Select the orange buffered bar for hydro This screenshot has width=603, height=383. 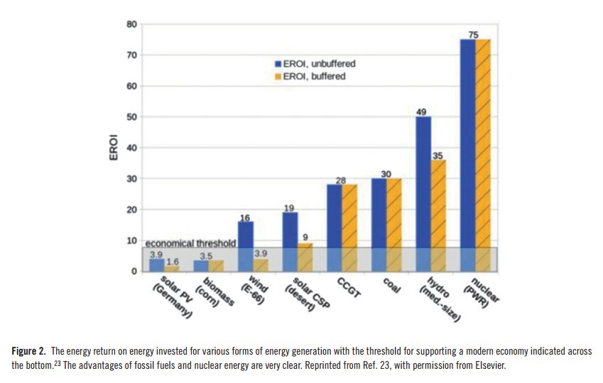click(438, 216)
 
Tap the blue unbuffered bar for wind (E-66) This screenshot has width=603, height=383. click(246, 246)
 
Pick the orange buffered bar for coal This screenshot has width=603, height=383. click(394, 224)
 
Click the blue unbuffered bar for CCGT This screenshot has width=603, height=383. click(335, 227)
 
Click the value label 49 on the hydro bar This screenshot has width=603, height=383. click(423, 111)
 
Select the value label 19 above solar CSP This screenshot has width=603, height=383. click(290, 206)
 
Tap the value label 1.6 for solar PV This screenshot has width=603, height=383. click(172, 262)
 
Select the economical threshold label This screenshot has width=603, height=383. click(190, 243)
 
